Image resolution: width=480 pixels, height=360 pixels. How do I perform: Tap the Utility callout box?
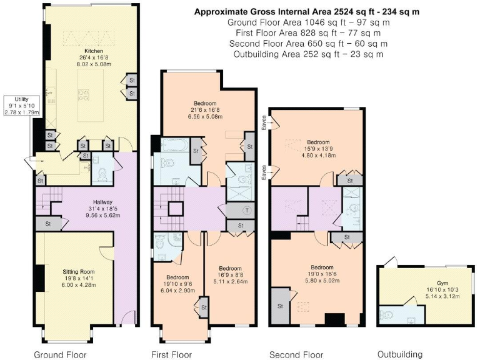tap(22, 106)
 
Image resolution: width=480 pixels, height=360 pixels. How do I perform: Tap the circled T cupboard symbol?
tap(246, 210)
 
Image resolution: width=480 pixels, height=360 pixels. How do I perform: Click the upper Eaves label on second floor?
tap(264, 122)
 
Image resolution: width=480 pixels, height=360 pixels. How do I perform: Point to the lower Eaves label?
tap(264, 172)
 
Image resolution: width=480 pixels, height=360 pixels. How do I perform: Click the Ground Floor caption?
tap(60, 354)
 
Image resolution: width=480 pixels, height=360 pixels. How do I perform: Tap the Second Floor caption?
tap(296, 354)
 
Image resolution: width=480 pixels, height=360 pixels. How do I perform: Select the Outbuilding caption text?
tap(400, 354)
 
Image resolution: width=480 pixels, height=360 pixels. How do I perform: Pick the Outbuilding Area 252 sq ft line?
tap(308, 54)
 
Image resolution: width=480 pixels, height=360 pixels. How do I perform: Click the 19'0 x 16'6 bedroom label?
tap(322, 274)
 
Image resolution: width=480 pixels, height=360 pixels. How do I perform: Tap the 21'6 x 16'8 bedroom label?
tap(205, 110)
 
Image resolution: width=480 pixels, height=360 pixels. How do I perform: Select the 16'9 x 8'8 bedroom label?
tap(230, 275)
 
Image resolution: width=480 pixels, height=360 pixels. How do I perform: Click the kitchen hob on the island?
tap(83, 94)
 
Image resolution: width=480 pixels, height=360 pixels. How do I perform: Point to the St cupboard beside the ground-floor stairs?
tap(48, 224)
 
